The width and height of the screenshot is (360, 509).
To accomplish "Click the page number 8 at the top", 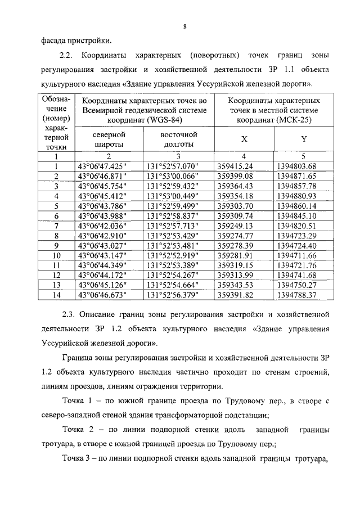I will click(184, 26).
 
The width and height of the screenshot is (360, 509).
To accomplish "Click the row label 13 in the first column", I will click(56, 285).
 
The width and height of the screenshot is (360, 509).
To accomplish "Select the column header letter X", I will click(244, 139).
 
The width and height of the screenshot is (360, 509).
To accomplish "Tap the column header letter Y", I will click(304, 139).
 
